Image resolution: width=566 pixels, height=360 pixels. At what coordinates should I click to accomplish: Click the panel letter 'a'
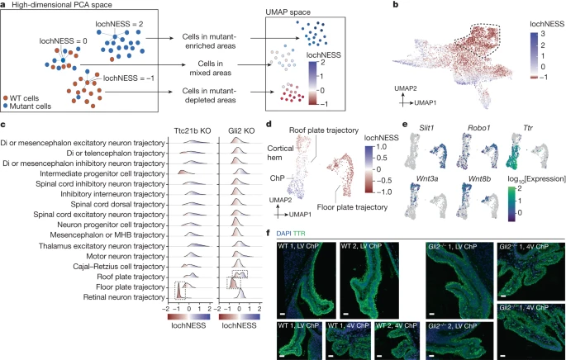pos(5,6)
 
